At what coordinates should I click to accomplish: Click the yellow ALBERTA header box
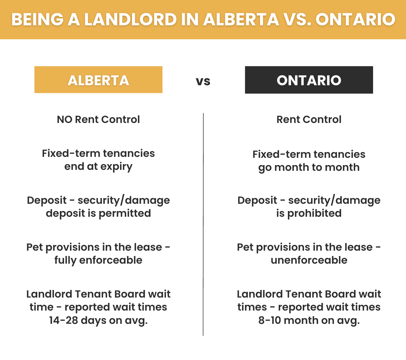pyautogui.click(x=98, y=80)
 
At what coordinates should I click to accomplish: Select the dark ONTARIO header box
pyautogui.click(x=309, y=80)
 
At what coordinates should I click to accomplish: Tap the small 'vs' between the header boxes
pyautogui.click(x=203, y=81)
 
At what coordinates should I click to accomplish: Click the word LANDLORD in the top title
pyautogui.click(x=130, y=19)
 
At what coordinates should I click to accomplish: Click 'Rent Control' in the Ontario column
pyautogui.click(x=309, y=119)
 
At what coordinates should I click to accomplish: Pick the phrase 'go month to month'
pyautogui.click(x=309, y=168)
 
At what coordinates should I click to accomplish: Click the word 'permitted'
pyautogui.click(x=125, y=213)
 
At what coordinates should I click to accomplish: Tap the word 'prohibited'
pyautogui.click(x=314, y=213)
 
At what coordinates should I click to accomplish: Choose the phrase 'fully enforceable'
pyautogui.click(x=98, y=260)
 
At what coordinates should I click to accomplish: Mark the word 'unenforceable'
pyautogui.click(x=309, y=260)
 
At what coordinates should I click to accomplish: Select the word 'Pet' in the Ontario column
pyautogui.click(x=245, y=247)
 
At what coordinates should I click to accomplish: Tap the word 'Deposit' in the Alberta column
pyautogui.click(x=47, y=201)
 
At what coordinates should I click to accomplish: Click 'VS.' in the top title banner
pyautogui.click(x=297, y=19)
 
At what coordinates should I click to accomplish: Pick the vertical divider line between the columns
pyautogui.click(x=203, y=224)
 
